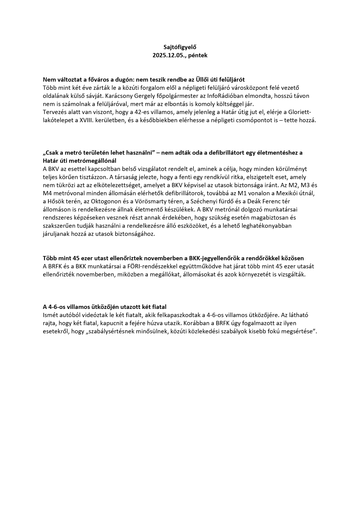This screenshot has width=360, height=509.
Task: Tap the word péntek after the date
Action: [x=198, y=55]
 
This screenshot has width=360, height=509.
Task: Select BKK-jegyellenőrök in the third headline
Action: [x=214, y=258]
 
